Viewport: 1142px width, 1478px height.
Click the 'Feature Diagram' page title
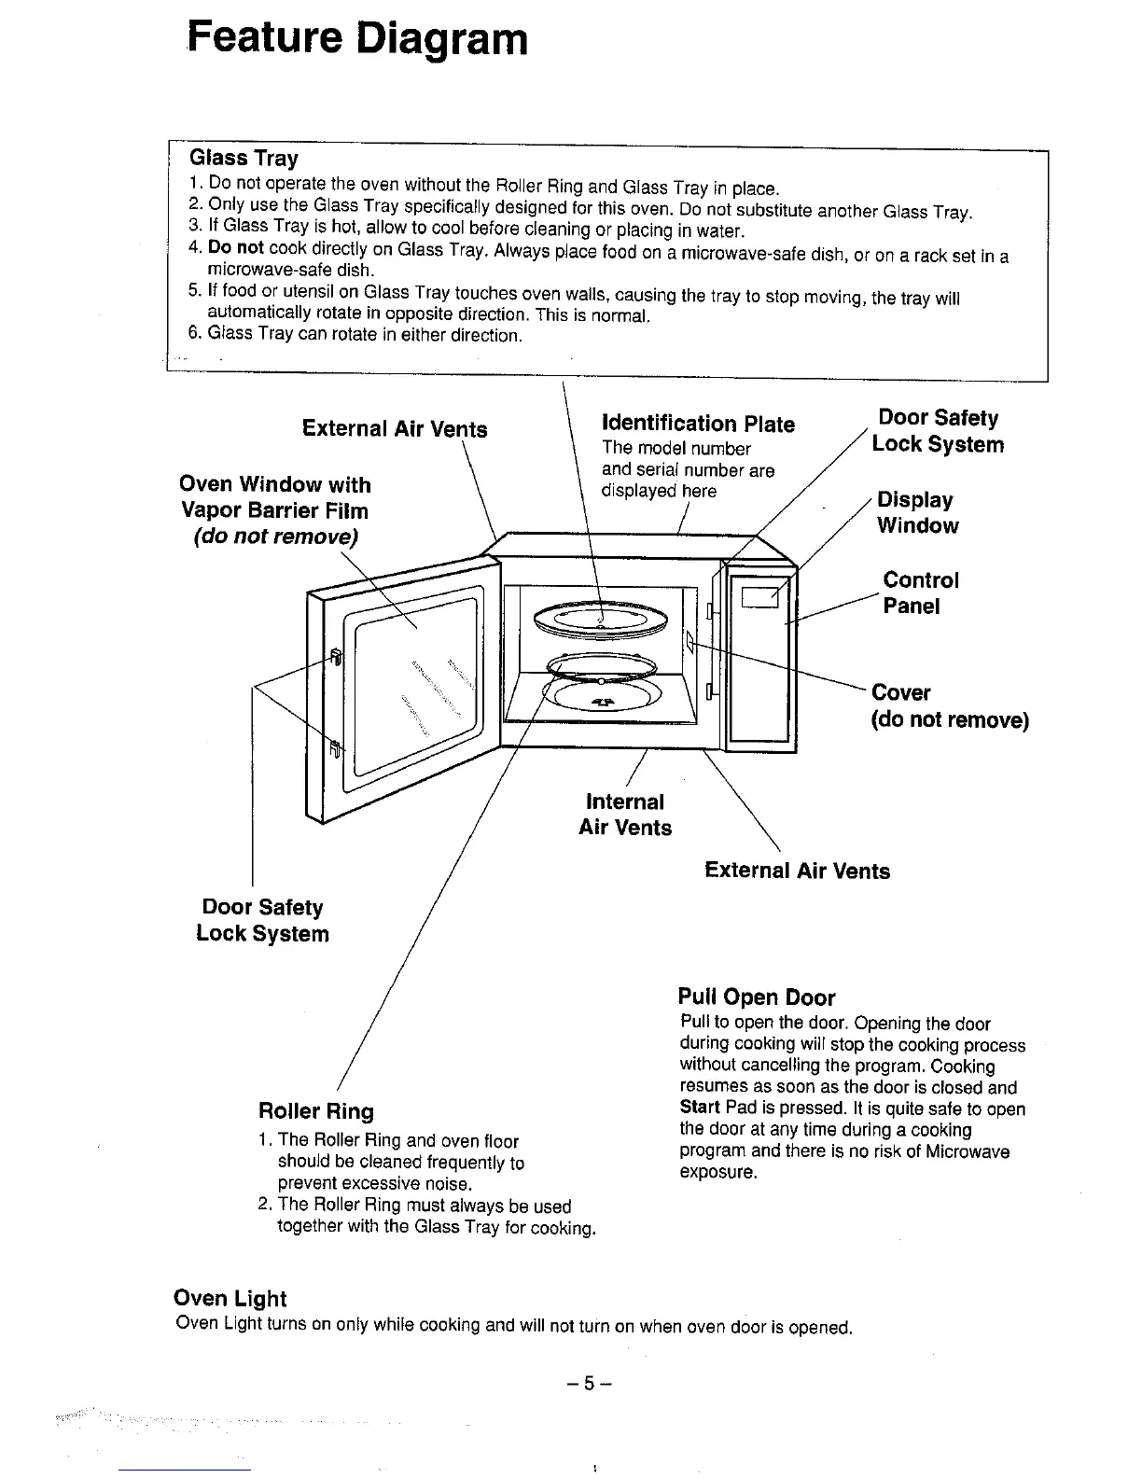357,40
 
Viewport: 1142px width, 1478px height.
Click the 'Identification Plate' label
699,425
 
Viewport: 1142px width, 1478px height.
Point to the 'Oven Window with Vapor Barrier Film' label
274,510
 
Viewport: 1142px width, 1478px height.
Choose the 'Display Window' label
916,513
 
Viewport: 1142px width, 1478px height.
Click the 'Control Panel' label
920,593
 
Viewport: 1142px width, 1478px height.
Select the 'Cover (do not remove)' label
949,706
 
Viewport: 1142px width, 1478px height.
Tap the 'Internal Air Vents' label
625,815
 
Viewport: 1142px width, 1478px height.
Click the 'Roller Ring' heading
315,1111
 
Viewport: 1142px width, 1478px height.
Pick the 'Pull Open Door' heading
757,997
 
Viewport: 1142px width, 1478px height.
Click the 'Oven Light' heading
230,1299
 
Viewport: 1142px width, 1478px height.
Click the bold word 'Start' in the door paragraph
700,1108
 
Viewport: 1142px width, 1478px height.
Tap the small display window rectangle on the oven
759,593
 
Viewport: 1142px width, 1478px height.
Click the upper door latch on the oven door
335,659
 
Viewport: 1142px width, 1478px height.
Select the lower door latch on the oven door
335,748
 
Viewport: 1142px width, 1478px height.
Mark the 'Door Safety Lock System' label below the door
262,921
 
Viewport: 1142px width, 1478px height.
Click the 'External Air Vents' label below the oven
797,871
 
